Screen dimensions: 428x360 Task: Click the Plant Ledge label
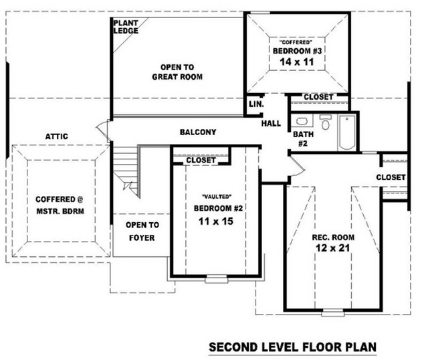(126, 27)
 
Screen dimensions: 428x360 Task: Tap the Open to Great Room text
(177, 72)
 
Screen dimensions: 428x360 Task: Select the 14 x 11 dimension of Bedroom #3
(297, 62)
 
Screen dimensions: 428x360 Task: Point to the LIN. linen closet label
(256, 104)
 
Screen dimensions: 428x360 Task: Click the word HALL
(271, 124)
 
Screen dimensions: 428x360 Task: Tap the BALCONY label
(198, 132)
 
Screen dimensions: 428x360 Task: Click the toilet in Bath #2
(325, 122)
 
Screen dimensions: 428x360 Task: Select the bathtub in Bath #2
(347, 132)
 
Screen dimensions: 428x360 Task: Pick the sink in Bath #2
(302, 121)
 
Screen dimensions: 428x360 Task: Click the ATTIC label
(56, 137)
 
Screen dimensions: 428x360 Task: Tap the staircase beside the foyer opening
(126, 169)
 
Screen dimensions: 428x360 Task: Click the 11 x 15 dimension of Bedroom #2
(216, 221)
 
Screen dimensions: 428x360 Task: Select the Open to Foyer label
(142, 232)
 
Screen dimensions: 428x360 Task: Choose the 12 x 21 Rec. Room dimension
(333, 248)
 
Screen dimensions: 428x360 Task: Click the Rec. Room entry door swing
(297, 166)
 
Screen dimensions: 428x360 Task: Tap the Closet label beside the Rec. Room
(391, 177)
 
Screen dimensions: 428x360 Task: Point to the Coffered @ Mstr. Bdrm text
(60, 205)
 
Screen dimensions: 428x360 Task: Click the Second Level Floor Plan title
(293, 347)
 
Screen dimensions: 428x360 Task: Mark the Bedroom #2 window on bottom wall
(216, 279)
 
